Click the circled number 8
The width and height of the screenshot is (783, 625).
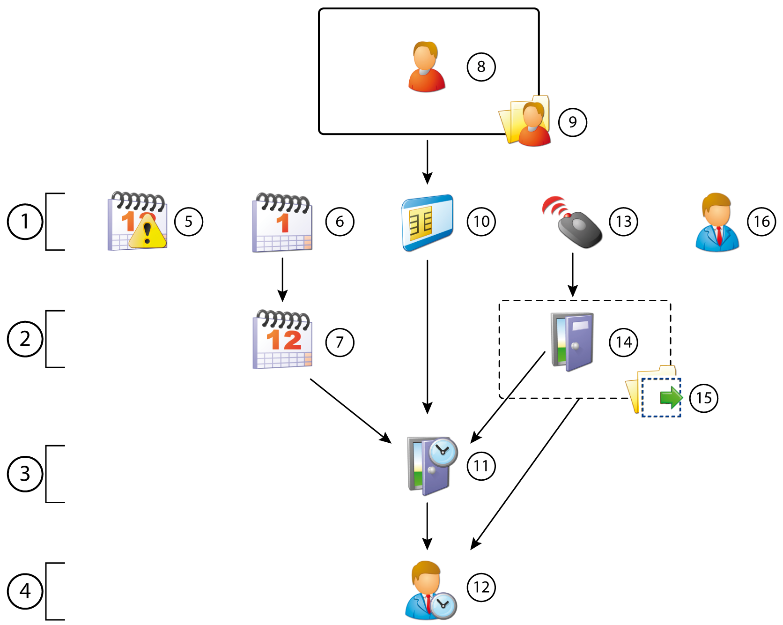[481, 67]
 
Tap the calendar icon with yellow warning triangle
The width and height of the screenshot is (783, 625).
[138, 222]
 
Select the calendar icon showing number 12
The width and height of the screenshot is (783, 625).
[282, 340]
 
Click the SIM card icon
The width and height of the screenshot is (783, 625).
[428, 223]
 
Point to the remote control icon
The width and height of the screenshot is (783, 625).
[574, 223]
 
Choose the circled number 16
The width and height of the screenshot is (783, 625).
[761, 222]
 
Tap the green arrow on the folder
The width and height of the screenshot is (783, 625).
[671, 397]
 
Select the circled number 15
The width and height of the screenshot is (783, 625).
[703, 398]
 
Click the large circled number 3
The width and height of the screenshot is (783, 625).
[25, 474]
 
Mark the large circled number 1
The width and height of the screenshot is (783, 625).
[25, 222]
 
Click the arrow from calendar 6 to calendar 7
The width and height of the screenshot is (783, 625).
[282, 279]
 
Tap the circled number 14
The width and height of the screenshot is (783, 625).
[623, 342]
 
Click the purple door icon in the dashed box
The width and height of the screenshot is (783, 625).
[573, 342]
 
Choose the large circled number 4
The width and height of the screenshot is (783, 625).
[25, 591]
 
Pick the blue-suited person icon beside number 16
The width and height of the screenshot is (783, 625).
[717, 223]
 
